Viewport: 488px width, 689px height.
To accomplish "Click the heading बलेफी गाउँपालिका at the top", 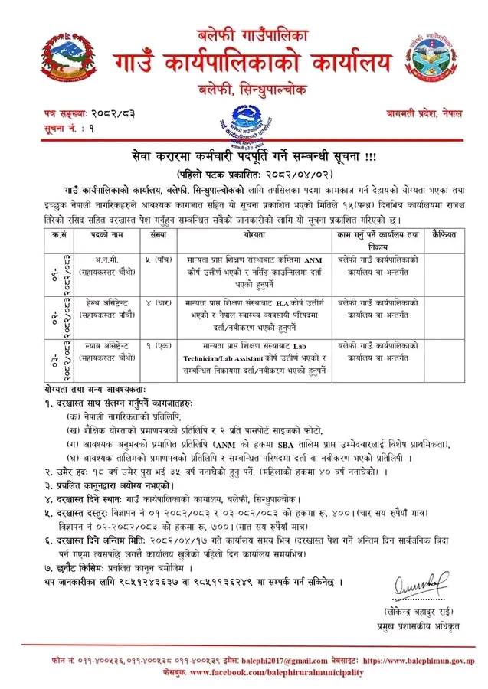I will coord(244,34).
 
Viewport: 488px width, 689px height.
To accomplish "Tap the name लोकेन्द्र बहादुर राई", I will coord(415,612).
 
